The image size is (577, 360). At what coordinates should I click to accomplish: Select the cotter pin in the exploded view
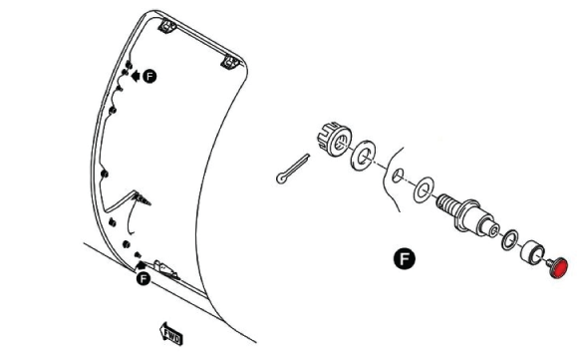pyautogui.click(x=293, y=169)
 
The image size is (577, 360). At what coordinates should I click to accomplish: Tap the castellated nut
pyautogui.click(x=334, y=140)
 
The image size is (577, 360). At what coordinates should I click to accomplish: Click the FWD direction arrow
pyautogui.click(x=171, y=334)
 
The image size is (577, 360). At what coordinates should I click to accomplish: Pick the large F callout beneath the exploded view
pyautogui.click(x=405, y=258)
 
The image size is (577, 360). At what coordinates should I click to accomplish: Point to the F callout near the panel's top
pyautogui.click(x=149, y=76)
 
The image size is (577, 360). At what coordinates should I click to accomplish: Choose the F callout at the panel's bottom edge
pyautogui.click(x=144, y=278)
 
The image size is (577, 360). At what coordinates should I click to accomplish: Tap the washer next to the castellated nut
pyautogui.click(x=363, y=155)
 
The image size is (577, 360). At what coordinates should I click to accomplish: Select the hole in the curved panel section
pyautogui.click(x=398, y=176)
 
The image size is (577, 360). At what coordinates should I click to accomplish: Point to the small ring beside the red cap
pyautogui.click(x=510, y=239)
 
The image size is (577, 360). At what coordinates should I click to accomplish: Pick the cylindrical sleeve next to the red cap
pyautogui.click(x=532, y=252)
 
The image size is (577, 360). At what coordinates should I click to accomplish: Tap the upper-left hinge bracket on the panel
pyautogui.click(x=167, y=27)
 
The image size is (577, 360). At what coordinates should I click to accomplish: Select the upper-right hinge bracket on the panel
pyautogui.click(x=230, y=62)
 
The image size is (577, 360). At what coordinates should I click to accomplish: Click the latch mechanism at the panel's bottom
pyautogui.click(x=164, y=268)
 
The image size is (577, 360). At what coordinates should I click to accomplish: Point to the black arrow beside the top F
pyautogui.click(x=135, y=76)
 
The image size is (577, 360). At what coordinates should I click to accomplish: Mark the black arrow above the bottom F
pyautogui.click(x=141, y=265)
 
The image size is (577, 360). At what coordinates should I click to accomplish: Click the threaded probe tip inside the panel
pyautogui.click(x=143, y=199)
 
